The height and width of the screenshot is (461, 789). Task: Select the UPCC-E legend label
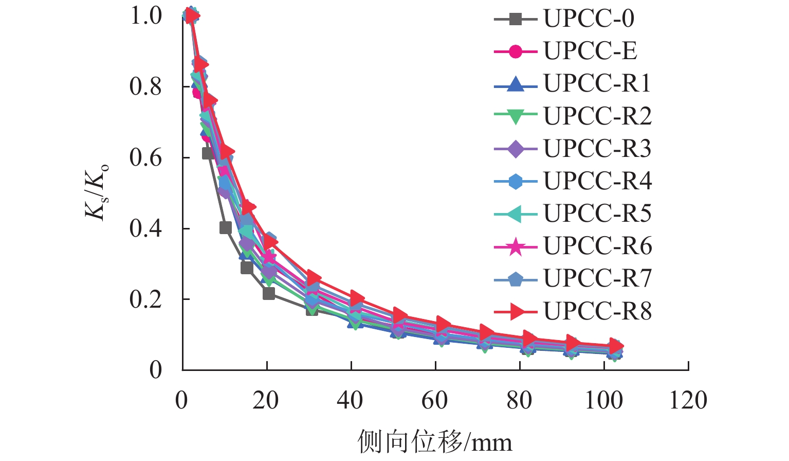[590, 51]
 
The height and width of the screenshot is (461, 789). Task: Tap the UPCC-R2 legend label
[597, 116]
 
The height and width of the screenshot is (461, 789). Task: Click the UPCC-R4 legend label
[597, 181]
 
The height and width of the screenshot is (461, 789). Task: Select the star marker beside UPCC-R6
[516, 246]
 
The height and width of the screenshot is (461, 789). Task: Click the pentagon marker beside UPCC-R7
[516, 278]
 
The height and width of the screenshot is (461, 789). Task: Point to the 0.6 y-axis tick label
[145, 157]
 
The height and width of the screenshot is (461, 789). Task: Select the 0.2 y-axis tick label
[145, 299]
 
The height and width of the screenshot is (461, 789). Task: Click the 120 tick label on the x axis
[688, 400]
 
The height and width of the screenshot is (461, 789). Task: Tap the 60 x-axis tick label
[435, 400]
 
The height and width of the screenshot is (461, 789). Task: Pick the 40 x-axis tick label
[351, 400]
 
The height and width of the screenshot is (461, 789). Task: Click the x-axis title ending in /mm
[435, 442]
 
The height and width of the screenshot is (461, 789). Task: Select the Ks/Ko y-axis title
[97, 191]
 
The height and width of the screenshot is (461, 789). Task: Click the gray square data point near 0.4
[225, 227]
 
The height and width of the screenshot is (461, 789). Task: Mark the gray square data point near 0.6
[208, 153]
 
